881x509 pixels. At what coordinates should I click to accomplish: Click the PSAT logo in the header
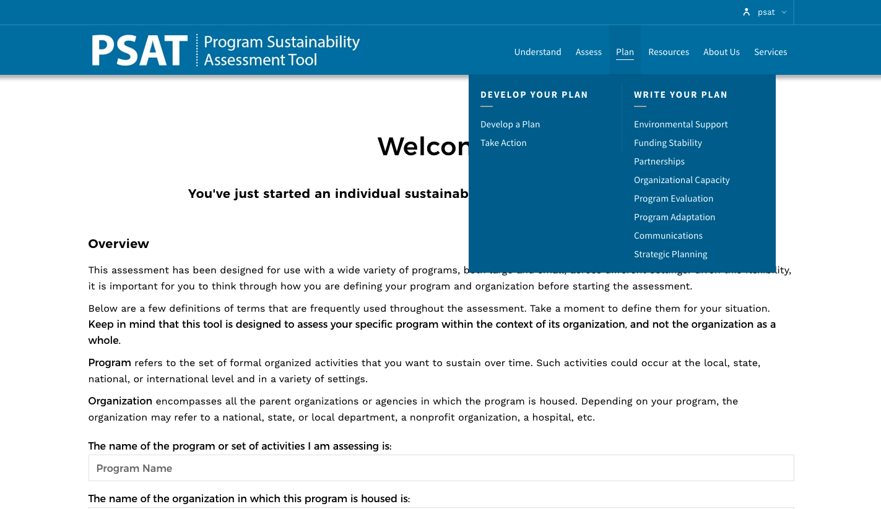[225, 51]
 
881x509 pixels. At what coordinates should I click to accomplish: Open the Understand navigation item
[537, 52]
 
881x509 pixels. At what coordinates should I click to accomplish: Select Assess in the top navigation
[588, 52]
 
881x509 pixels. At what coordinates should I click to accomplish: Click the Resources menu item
[668, 52]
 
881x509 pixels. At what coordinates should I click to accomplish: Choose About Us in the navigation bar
[721, 52]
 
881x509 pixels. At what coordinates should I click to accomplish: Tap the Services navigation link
[770, 52]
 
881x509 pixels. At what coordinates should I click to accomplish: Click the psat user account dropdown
[766, 12]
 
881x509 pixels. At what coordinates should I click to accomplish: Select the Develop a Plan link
[510, 124]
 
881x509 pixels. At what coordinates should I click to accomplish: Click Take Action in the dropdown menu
[503, 143]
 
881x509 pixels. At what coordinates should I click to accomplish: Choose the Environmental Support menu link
[680, 124]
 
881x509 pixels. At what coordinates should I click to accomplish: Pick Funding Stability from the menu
[667, 143]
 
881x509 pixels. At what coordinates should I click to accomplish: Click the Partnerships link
[659, 161]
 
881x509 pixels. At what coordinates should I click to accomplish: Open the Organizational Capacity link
[682, 180]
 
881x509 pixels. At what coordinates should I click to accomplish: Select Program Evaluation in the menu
[673, 199]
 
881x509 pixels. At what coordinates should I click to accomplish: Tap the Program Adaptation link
[674, 217]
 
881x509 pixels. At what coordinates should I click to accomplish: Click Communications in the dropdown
[668, 236]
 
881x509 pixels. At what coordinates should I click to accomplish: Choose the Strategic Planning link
[670, 254]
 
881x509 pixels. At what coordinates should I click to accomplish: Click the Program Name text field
[441, 468]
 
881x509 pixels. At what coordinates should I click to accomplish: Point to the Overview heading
[118, 244]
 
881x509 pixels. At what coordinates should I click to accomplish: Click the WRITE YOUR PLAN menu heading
[680, 95]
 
